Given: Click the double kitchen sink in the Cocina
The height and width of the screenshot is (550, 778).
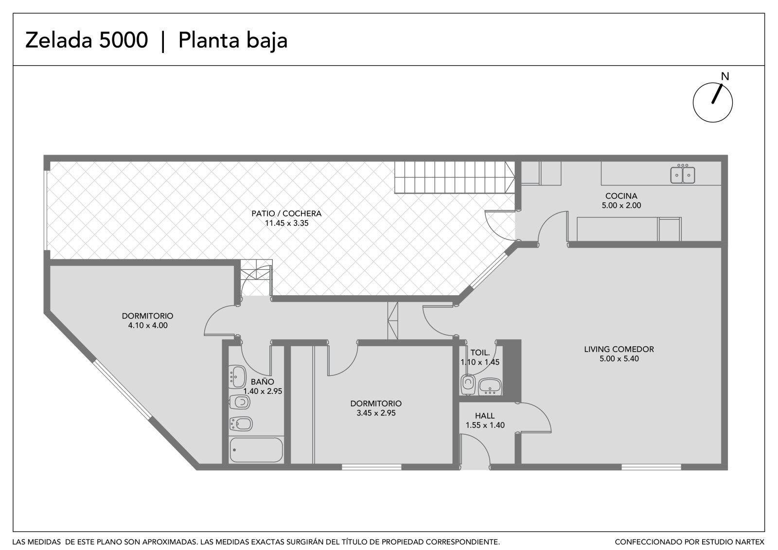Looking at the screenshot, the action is pyautogui.click(x=683, y=175).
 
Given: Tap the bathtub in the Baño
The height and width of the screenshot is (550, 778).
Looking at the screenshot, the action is pyautogui.click(x=256, y=450).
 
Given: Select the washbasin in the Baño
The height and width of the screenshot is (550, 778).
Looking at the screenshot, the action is pyautogui.click(x=238, y=376).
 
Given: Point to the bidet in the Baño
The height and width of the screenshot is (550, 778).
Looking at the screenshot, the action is pyautogui.click(x=241, y=424).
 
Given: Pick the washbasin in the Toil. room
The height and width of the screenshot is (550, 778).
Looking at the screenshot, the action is pyautogui.click(x=490, y=387).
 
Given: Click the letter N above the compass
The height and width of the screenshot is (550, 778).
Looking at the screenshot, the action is pyautogui.click(x=725, y=76).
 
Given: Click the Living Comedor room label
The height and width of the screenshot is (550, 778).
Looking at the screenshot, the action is pyautogui.click(x=619, y=349).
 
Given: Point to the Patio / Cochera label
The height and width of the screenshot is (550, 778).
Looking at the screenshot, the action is pyautogui.click(x=286, y=213).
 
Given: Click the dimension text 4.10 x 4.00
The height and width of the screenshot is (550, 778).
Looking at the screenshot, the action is pyautogui.click(x=148, y=325).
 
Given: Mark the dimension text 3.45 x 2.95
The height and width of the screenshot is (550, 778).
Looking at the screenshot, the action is pyautogui.click(x=376, y=413).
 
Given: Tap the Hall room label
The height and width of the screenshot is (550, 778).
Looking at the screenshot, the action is pyautogui.click(x=485, y=416).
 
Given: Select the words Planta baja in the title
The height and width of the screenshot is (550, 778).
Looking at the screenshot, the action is pyautogui.click(x=233, y=41).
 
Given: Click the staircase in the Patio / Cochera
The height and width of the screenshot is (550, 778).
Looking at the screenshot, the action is pyautogui.click(x=454, y=177).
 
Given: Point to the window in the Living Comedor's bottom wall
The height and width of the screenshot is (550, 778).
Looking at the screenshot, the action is pyautogui.click(x=651, y=467).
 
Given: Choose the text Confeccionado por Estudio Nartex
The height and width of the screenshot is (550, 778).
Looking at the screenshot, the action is pyautogui.click(x=690, y=542).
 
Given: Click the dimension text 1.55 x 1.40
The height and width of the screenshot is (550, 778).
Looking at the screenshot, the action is pyautogui.click(x=485, y=425).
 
